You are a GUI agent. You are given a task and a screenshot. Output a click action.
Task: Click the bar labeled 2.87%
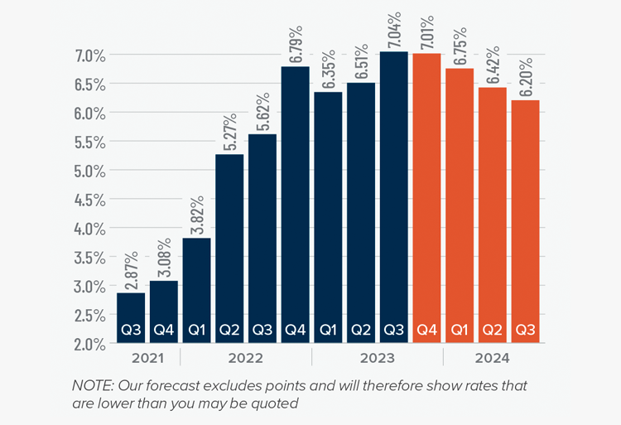click(x=130, y=311)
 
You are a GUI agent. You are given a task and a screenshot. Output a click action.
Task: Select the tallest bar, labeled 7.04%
click(x=394, y=191)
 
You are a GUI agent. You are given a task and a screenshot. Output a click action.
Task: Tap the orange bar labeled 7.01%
click(x=427, y=191)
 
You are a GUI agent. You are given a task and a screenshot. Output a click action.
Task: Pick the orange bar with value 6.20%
click(x=525, y=215)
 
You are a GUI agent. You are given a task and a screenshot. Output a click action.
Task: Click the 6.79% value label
click(x=296, y=45)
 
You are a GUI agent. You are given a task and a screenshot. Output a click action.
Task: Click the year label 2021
click(x=146, y=358)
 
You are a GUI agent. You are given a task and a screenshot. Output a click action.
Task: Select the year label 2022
click(x=246, y=358)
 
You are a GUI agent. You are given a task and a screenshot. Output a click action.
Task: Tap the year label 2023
click(x=378, y=358)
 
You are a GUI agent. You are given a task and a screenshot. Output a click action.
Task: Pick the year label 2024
click(x=493, y=358)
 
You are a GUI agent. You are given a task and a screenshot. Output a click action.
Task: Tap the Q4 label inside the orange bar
click(x=427, y=329)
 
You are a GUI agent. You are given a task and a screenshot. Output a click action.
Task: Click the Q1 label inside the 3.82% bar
click(x=197, y=329)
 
